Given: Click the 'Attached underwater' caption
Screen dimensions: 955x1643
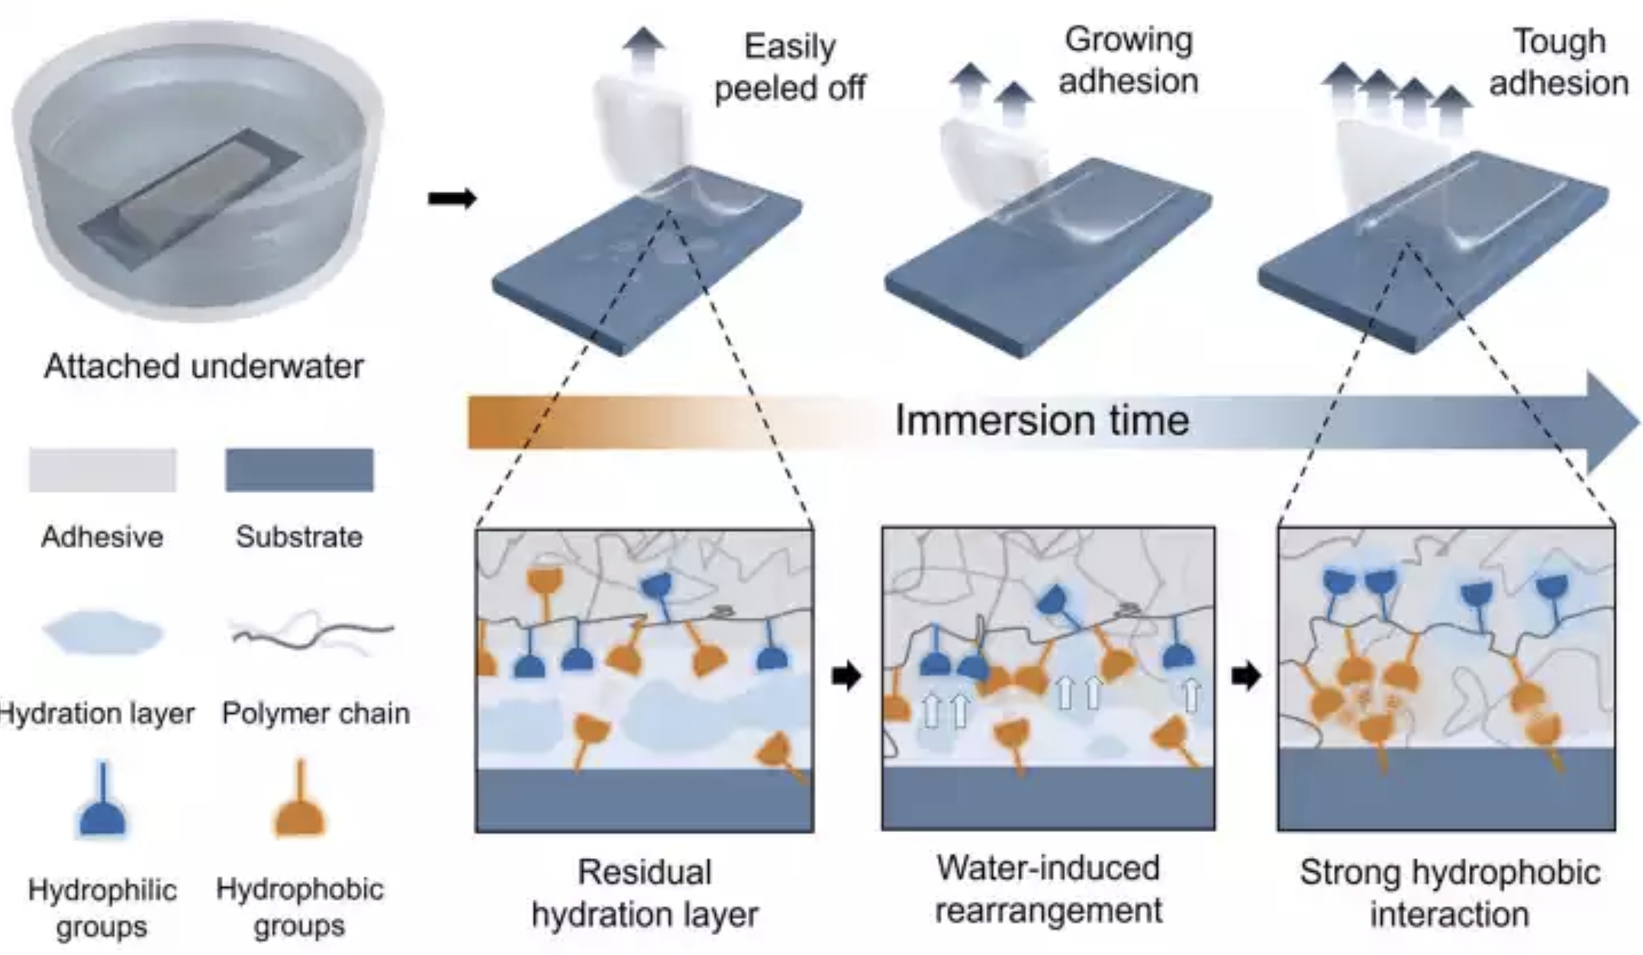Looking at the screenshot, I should point(204,366).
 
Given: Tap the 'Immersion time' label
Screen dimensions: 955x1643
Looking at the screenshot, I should point(1042,420).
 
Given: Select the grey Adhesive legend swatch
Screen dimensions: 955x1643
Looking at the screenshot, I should point(102,469).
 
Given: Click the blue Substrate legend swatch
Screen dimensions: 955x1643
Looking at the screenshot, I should point(299,469).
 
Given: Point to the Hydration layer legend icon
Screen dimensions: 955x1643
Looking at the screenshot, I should point(103,632).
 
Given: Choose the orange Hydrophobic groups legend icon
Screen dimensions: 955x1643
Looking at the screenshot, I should point(300,802).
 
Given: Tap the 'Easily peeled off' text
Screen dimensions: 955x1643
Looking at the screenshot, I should point(789,67).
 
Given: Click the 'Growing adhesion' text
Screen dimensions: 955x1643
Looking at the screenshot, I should point(1128,60).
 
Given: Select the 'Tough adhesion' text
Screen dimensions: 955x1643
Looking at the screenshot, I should point(1558,63).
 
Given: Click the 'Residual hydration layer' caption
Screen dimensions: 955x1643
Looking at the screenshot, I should point(645,892).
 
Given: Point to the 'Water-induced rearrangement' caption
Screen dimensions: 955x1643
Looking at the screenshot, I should point(1049,889).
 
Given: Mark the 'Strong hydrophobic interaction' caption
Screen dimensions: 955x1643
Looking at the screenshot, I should point(1449,892).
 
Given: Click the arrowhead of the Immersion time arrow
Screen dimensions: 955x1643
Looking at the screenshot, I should point(1610,421).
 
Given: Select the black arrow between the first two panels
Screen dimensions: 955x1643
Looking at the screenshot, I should point(846,676).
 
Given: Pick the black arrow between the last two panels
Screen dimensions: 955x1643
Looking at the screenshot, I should point(1245,676).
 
